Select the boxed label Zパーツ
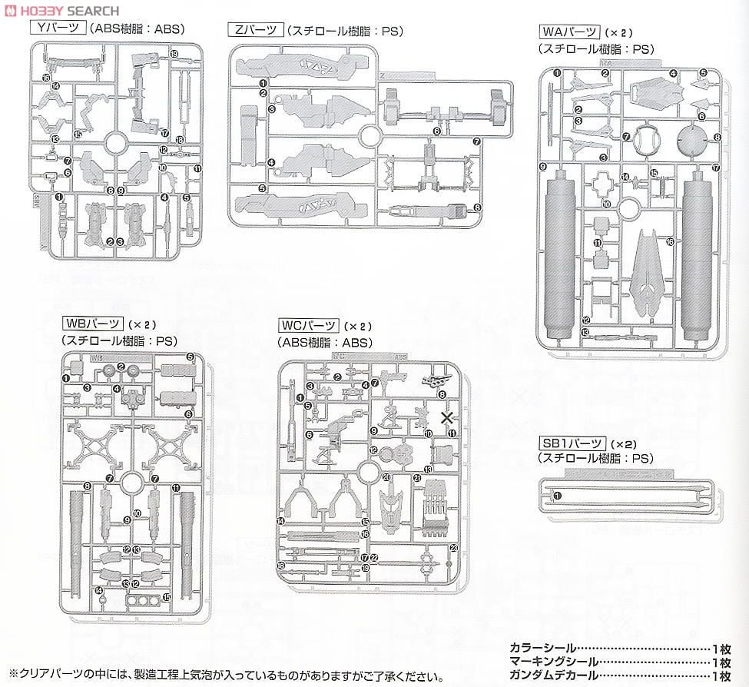254,31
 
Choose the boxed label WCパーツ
307,326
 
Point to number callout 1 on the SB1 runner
557,496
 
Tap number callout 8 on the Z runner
477,207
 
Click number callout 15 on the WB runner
167,597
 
